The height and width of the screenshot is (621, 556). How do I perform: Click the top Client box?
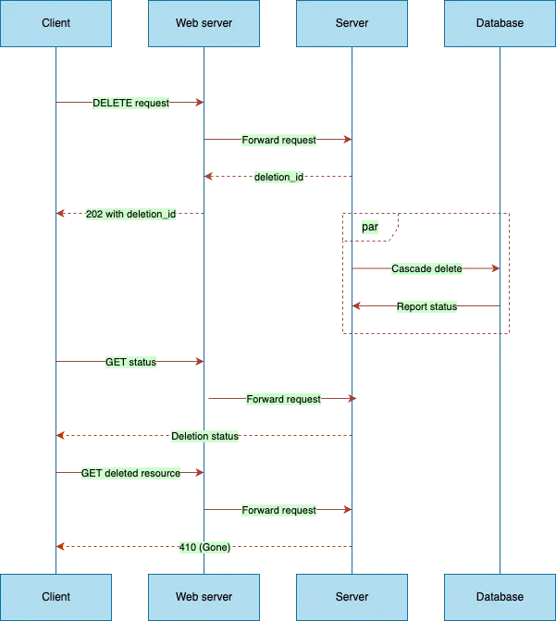(56, 23)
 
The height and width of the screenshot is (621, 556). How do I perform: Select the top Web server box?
(204, 23)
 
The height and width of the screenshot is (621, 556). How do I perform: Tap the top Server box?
(352, 23)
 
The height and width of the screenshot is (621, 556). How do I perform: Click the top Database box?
(500, 23)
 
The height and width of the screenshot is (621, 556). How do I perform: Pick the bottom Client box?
(56, 597)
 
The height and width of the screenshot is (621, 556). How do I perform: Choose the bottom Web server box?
(204, 597)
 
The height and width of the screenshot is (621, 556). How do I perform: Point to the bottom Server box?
(352, 597)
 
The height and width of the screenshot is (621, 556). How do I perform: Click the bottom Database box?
(500, 597)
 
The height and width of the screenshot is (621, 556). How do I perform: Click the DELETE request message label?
(130, 103)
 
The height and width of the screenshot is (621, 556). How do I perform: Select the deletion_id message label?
(278, 177)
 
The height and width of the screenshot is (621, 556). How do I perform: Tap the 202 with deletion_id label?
(130, 214)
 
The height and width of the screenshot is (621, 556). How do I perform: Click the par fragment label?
(369, 227)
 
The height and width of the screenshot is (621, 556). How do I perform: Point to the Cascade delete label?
(426, 269)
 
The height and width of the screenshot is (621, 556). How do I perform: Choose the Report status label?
(426, 306)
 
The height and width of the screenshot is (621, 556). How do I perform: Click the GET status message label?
(130, 362)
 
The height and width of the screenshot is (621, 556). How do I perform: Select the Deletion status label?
(204, 436)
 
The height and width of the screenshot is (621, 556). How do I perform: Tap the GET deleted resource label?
(130, 473)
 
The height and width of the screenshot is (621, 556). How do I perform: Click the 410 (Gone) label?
(204, 547)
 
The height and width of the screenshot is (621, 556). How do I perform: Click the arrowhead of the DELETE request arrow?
(197, 102)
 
